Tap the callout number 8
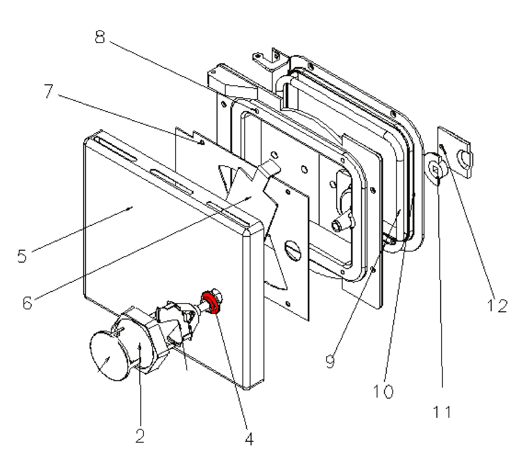click(x=100, y=37)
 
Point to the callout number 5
click(x=22, y=256)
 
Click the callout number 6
click(x=27, y=303)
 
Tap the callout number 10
click(x=383, y=391)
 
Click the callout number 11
click(x=442, y=412)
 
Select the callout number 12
click(x=497, y=305)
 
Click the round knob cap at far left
click(x=109, y=355)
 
